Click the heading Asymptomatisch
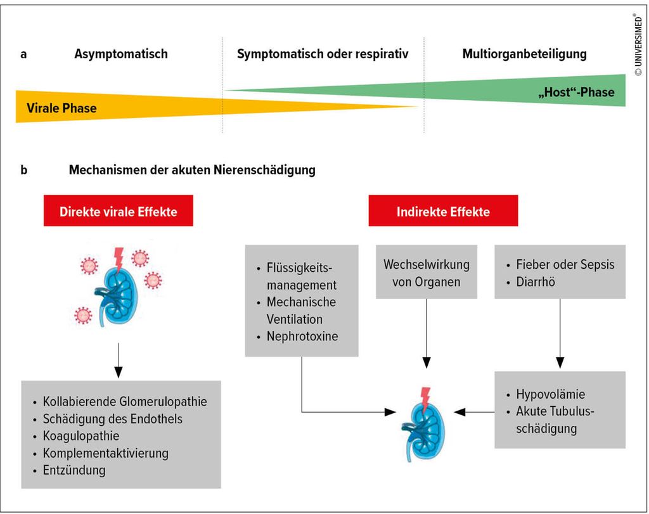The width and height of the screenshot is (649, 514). pyautogui.click(x=121, y=54)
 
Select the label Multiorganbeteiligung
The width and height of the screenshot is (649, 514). pyautogui.click(x=524, y=54)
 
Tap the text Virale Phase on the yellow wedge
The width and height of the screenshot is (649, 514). pyautogui.click(x=61, y=108)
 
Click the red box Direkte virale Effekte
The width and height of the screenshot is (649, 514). pyautogui.click(x=118, y=211)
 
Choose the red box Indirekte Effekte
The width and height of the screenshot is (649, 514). pyautogui.click(x=443, y=211)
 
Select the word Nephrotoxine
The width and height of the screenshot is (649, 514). pyautogui.click(x=302, y=337)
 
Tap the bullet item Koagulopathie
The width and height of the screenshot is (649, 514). pyautogui.click(x=80, y=436)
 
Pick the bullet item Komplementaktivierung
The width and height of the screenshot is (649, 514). pyautogui.click(x=105, y=453)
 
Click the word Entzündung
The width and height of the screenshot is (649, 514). pyautogui.click(x=74, y=470)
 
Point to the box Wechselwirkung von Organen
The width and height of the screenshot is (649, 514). pyautogui.click(x=426, y=273)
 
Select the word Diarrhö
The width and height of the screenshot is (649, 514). pyautogui.click(x=536, y=282)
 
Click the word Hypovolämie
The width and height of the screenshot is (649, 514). pyautogui.click(x=550, y=394)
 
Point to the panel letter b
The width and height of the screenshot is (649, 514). pyautogui.click(x=24, y=170)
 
